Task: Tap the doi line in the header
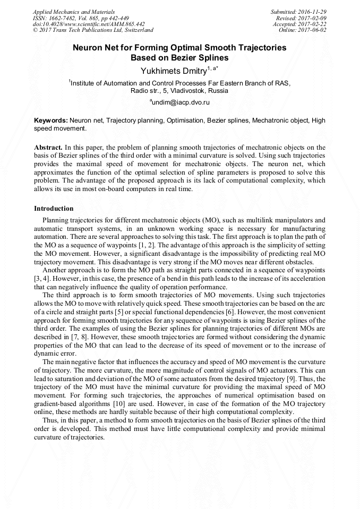click(88, 24)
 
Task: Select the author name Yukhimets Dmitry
click(173, 71)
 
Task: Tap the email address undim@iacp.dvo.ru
click(180, 101)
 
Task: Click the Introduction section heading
click(54, 209)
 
